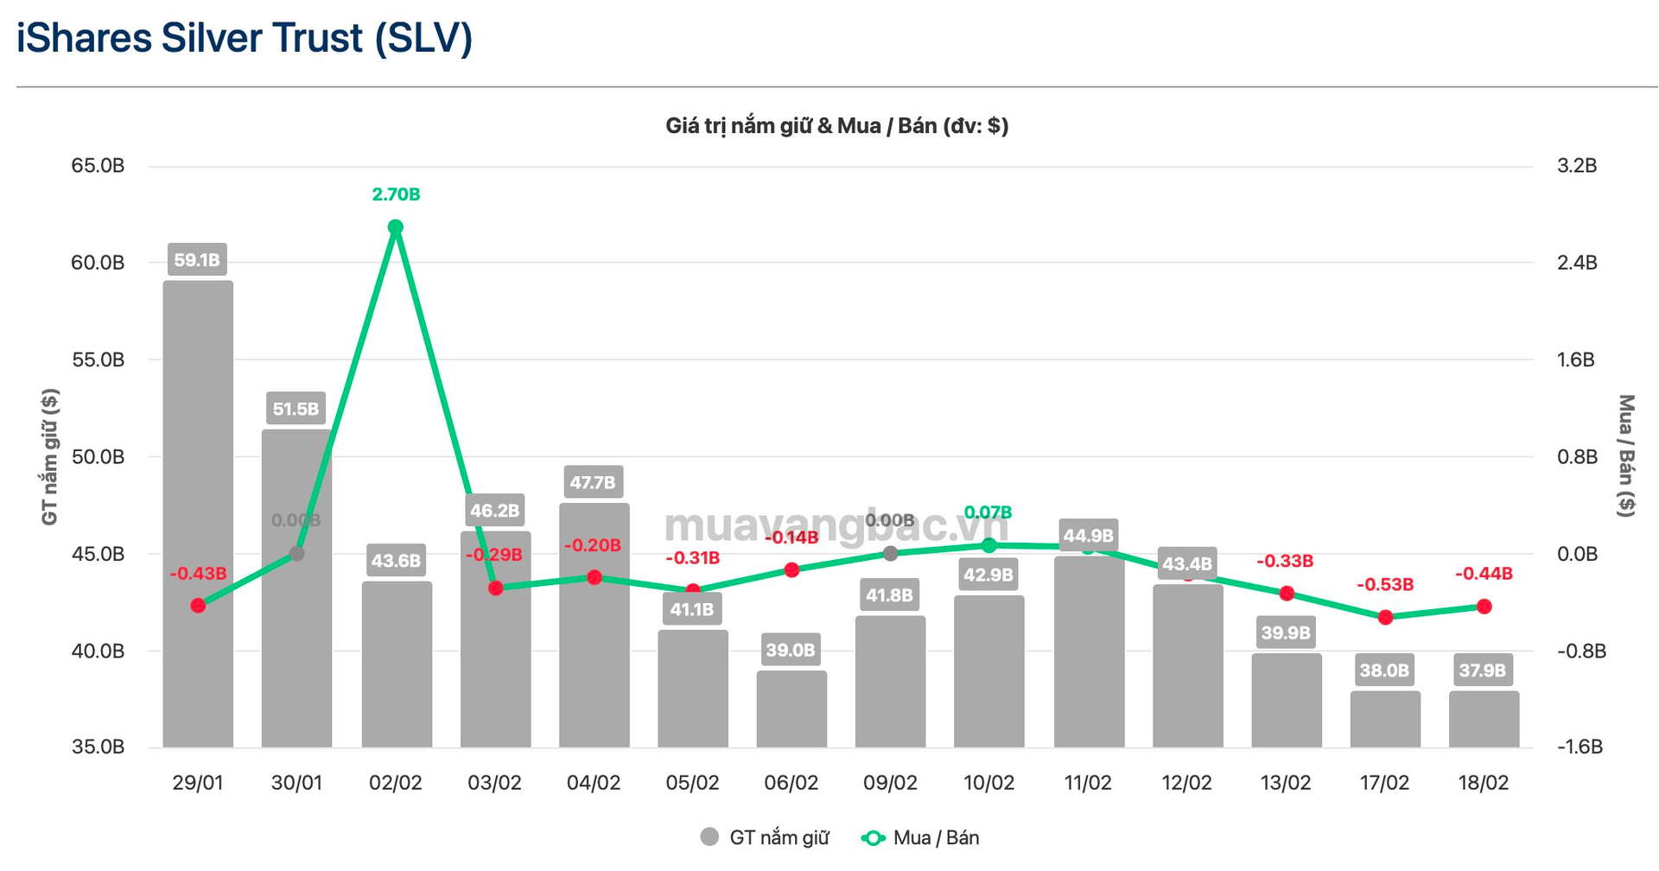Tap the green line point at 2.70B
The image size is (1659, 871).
point(396,227)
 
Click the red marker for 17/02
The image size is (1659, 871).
point(1386,617)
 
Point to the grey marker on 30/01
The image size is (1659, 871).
point(296,553)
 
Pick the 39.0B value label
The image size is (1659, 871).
point(791,650)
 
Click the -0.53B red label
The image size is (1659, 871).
point(1384,585)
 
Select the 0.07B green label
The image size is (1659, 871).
point(988,512)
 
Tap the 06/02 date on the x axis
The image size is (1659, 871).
point(791,783)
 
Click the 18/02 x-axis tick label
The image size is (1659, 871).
point(1483,783)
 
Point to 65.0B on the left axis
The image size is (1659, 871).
point(98,166)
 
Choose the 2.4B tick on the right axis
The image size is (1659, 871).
point(1577,263)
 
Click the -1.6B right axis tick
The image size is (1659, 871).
point(1580,747)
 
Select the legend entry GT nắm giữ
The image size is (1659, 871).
point(766,837)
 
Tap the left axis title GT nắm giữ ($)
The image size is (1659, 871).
point(50,456)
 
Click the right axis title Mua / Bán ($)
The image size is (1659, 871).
point(1626,456)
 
